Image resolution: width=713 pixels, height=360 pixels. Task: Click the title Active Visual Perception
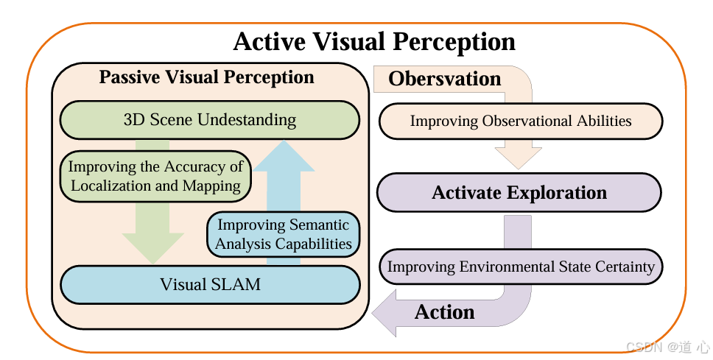(374, 41)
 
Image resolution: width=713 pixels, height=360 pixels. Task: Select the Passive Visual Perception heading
(206, 77)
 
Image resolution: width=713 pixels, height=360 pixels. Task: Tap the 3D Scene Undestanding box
(209, 119)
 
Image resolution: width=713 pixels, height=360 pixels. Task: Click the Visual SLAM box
(209, 283)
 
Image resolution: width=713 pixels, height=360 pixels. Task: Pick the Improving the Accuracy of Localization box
(155, 176)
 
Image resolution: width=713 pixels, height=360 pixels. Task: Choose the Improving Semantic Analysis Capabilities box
(284, 234)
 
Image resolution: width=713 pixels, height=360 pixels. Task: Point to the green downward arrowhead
(153, 247)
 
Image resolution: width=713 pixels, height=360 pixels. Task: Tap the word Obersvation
(445, 79)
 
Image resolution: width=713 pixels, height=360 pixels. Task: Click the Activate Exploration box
(519, 193)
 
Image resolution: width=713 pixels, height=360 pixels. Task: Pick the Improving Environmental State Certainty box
(521, 267)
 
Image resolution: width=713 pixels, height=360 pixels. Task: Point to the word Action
(445, 312)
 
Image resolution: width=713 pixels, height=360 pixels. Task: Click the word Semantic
(315, 225)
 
